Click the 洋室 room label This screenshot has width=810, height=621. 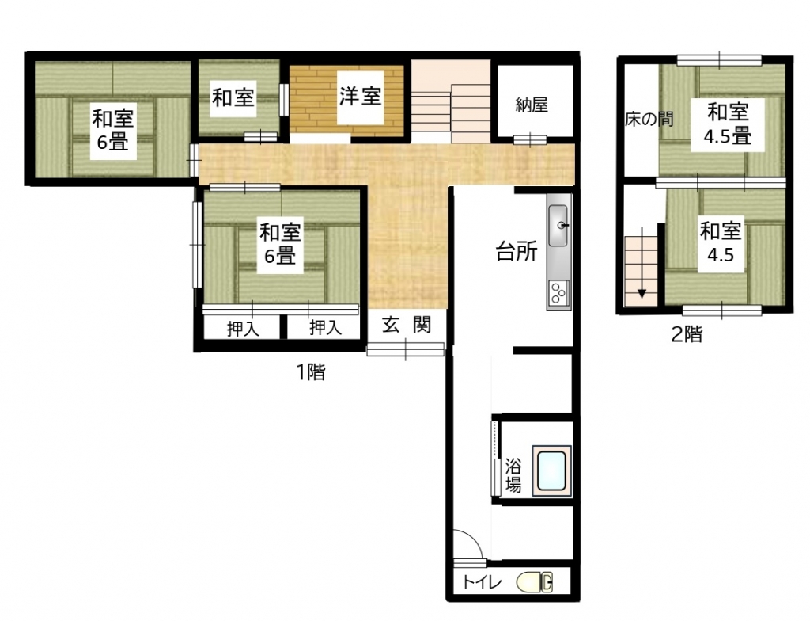(x=360, y=97)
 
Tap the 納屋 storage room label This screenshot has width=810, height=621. (x=532, y=105)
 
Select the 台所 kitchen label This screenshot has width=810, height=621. (x=517, y=252)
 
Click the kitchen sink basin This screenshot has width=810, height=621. (x=558, y=225)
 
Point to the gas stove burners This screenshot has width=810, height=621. (x=558, y=294)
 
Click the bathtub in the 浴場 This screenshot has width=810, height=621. (x=551, y=471)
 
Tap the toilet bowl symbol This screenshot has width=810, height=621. (x=536, y=582)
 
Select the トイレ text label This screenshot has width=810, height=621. (x=482, y=583)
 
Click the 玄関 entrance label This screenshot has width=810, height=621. (x=407, y=325)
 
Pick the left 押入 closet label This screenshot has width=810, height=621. (x=243, y=329)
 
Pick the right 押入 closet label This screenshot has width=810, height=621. (x=325, y=328)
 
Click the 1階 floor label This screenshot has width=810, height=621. (x=311, y=371)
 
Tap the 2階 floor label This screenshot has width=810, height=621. (x=687, y=334)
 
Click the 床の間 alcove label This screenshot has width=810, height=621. (x=649, y=120)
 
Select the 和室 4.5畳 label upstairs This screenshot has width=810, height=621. (x=728, y=124)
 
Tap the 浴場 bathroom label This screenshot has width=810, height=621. (x=513, y=475)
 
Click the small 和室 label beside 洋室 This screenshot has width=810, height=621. (x=233, y=97)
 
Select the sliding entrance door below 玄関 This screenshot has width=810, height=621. (x=406, y=349)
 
